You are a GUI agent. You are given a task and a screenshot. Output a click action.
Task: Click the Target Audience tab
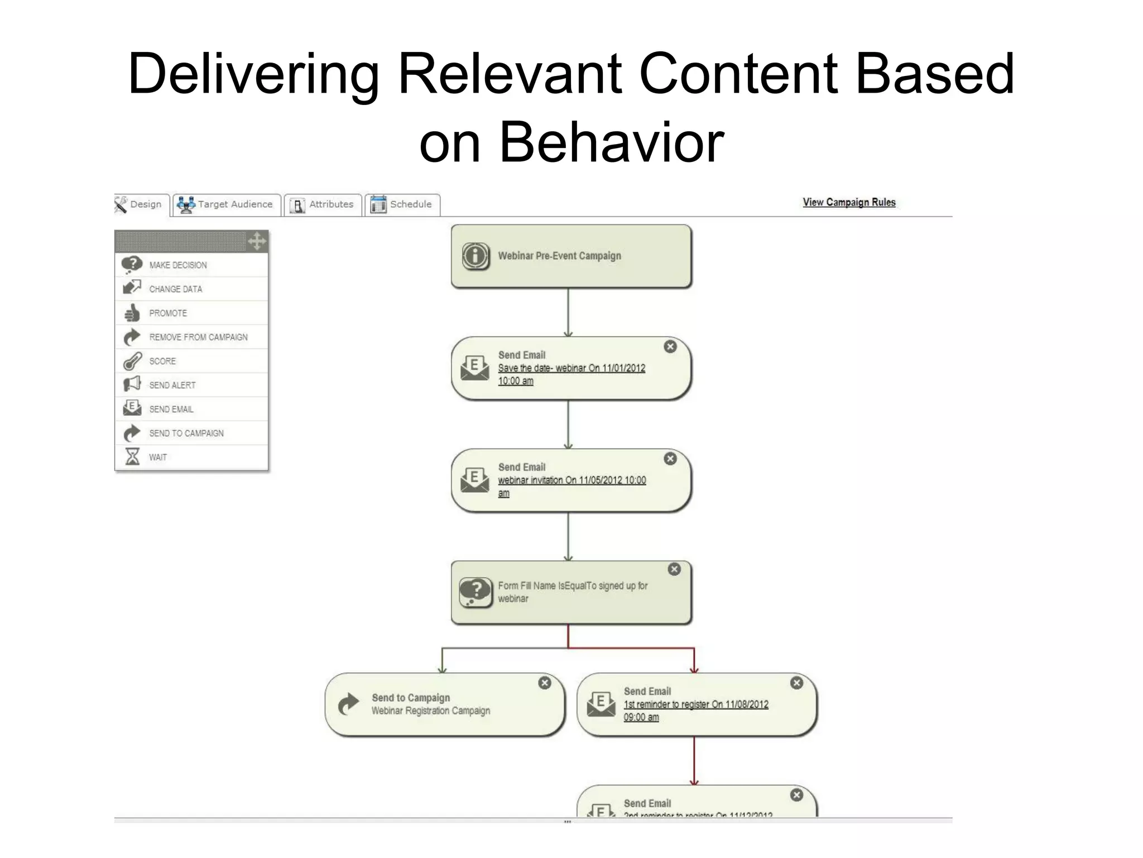[226, 204]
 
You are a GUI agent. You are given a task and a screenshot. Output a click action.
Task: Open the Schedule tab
[402, 204]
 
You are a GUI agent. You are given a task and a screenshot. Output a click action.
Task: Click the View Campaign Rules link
[849, 202]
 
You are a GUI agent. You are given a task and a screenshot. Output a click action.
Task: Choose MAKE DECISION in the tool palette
[177, 265]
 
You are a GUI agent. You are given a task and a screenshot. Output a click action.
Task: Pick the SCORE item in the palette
[162, 361]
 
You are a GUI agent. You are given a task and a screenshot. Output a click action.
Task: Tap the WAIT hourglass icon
[132, 457]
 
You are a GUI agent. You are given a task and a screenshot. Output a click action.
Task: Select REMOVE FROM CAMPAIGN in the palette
[198, 337]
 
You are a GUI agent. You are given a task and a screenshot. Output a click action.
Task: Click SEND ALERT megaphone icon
[132, 385]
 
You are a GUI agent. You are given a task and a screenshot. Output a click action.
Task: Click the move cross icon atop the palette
[257, 241]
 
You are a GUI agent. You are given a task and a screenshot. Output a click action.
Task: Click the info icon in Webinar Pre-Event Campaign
[476, 256]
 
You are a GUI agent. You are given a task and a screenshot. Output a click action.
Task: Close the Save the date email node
[670, 347]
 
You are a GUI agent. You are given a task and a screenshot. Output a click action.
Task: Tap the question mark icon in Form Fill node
[476, 591]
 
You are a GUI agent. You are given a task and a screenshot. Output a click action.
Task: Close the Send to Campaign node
[545, 683]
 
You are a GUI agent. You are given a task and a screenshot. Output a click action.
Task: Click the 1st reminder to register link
[695, 705]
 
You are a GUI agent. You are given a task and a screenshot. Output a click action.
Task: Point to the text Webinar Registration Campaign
[431, 711]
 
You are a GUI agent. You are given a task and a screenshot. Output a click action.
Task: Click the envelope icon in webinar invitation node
[474, 480]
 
